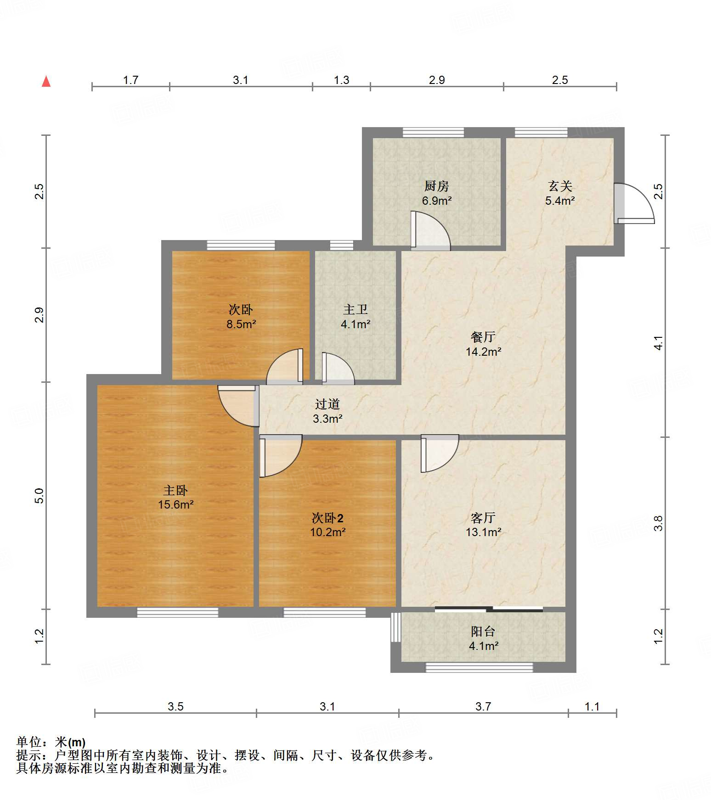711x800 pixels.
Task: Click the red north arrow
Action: click(x=46, y=81)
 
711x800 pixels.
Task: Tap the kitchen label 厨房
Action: click(x=436, y=186)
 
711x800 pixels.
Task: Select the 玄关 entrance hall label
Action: click(x=560, y=186)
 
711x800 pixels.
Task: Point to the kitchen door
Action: click(x=430, y=231)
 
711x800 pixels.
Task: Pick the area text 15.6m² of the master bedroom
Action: click(x=175, y=504)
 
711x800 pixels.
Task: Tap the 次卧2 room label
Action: click(x=327, y=518)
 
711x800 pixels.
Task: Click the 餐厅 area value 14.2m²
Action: click(x=483, y=352)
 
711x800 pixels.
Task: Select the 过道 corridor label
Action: click(x=327, y=404)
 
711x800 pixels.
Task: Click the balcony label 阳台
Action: click(x=483, y=632)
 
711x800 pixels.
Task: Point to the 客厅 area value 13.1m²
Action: click(x=483, y=532)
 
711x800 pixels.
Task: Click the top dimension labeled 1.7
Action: click(x=130, y=80)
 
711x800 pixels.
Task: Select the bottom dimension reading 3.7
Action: click(x=483, y=706)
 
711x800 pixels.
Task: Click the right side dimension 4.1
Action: click(x=658, y=343)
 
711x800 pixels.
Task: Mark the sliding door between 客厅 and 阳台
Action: click(x=489, y=610)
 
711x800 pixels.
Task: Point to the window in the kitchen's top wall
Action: click(x=433, y=133)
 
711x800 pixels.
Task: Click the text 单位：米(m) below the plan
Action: click(x=51, y=742)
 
